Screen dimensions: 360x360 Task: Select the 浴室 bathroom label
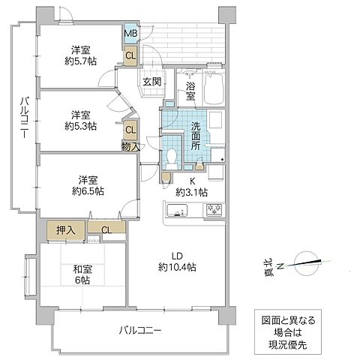pyautogui.click(x=190, y=91)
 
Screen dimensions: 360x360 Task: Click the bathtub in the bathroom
pyautogui.click(x=214, y=88)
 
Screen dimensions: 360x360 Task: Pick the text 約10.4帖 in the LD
pyautogui.click(x=177, y=267)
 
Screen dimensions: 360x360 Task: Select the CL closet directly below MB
pyautogui.click(x=130, y=54)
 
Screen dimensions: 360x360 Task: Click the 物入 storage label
pyautogui.click(x=130, y=146)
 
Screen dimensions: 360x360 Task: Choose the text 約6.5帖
pyautogui.click(x=88, y=190)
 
